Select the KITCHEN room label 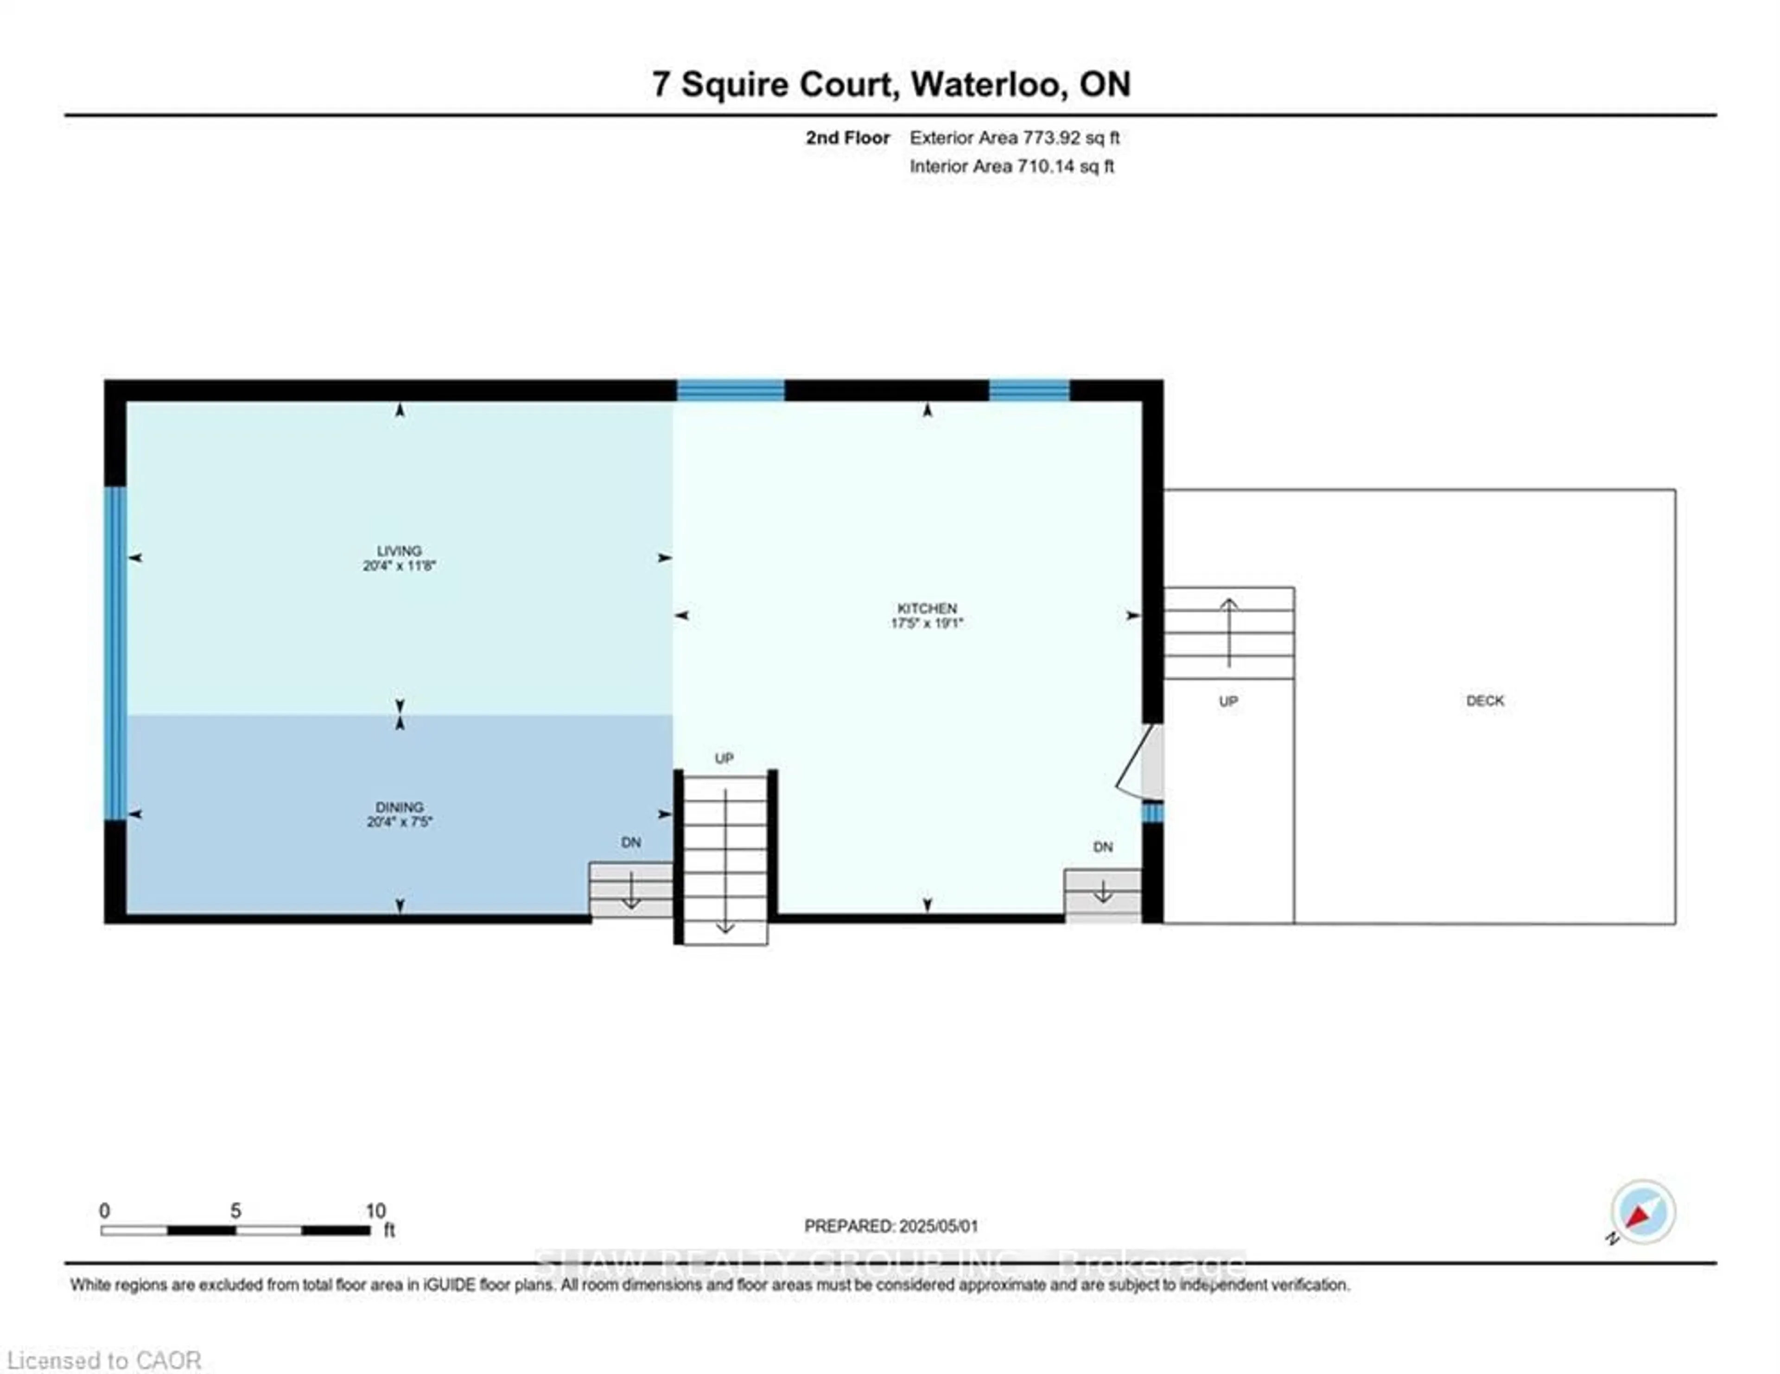(x=927, y=608)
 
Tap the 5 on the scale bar (x=235, y=1211)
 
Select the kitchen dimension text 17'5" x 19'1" (x=927, y=623)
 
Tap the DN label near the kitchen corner (x=1103, y=847)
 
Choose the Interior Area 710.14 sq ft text (x=1011, y=166)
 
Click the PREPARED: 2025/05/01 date (x=891, y=1226)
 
